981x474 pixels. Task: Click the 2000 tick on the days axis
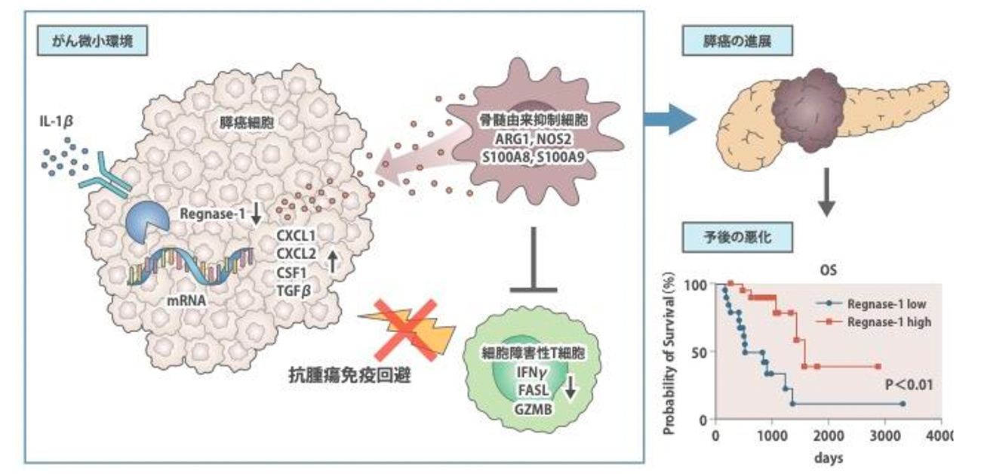829,436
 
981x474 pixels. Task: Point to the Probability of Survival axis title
669,355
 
